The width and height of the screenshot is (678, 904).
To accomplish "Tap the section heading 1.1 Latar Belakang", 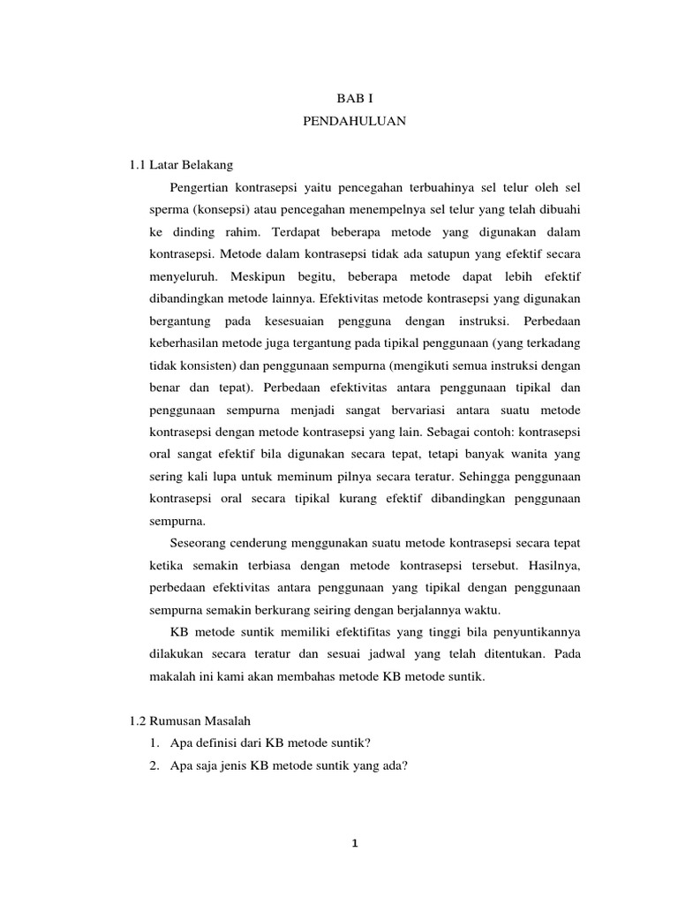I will coord(180,165).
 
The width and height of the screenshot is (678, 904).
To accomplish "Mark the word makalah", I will coord(171,677).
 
